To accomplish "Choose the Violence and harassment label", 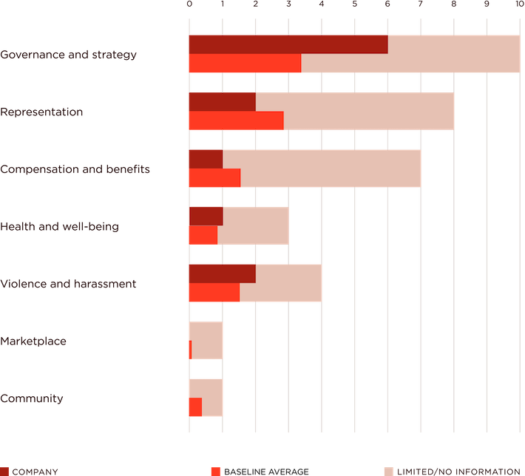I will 67,284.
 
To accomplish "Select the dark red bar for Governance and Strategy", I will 288,45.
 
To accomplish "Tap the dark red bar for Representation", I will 221,102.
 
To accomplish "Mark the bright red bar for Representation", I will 235,121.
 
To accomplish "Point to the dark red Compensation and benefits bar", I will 205,160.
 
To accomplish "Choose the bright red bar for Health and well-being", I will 202,236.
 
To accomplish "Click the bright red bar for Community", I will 194,407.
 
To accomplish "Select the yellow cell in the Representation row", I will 470,112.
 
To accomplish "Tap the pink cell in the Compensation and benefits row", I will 436,169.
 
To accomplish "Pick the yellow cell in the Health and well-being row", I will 304,226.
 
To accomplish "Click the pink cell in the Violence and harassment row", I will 338,284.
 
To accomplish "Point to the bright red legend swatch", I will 216,471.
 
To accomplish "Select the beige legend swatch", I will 389,471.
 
